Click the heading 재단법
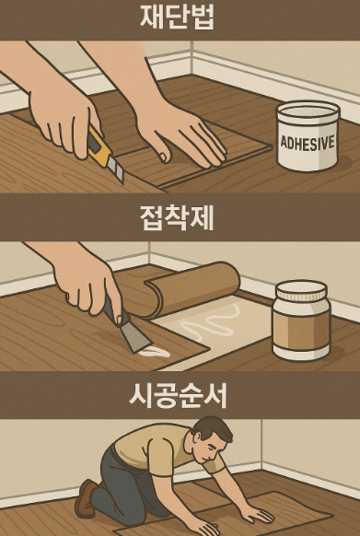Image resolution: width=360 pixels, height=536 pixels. pos(180,17)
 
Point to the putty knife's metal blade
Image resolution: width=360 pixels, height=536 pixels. pos(137,339)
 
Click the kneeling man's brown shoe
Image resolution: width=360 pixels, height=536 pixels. pos(86,497)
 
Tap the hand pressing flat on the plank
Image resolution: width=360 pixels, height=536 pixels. pos(184,134)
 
